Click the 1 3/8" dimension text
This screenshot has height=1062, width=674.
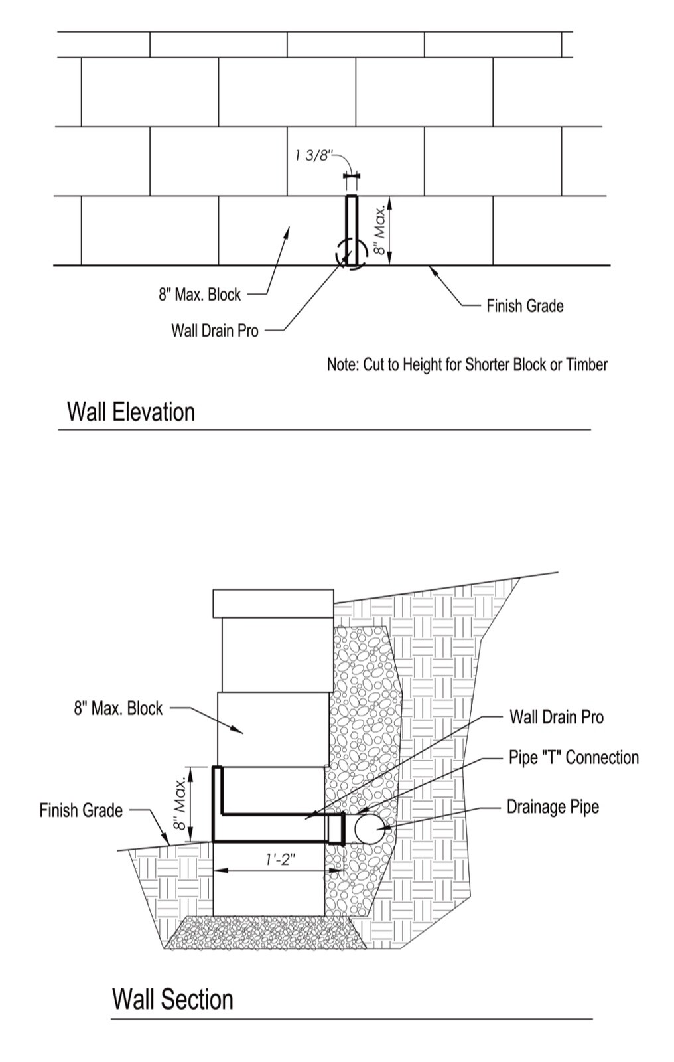point(312,156)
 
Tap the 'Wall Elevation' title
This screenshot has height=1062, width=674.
point(131,412)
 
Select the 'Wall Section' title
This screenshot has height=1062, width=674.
point(172,1000)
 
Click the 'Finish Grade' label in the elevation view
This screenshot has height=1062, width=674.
point(525,306)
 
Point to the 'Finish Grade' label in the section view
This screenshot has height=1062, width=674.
point(81,810)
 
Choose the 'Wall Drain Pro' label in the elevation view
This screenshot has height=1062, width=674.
point(215,330)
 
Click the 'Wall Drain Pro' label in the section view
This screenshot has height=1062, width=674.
point(557,717)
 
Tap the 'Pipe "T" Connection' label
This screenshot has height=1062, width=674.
point(573,758)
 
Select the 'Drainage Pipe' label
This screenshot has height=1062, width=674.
point(553,807)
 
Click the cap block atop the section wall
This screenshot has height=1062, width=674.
point(273,603)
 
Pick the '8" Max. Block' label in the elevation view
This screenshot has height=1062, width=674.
point(199,295)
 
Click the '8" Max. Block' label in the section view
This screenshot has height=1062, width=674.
point(118,708)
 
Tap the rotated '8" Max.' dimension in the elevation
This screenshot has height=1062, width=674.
point(379,230)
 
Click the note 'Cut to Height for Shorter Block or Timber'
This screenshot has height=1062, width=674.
point(467,364)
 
